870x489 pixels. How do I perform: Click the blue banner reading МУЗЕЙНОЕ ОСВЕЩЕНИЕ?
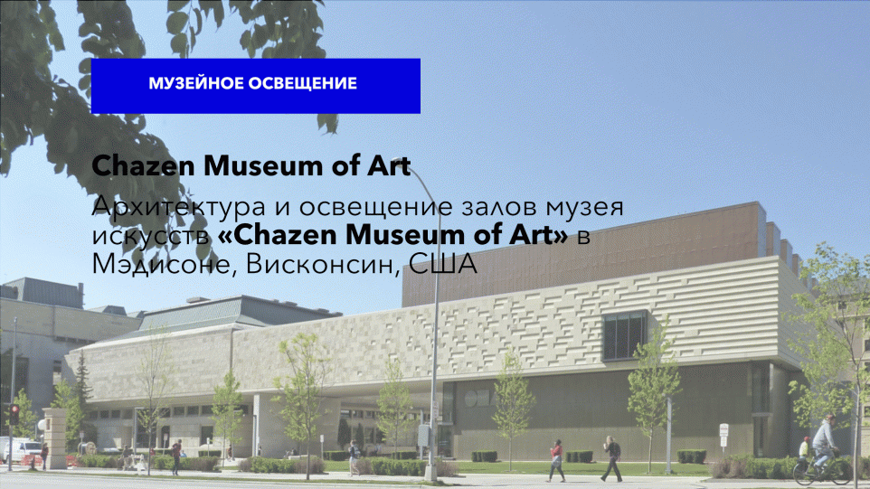[x=256, y=86]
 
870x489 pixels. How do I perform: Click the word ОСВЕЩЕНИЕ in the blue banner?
[x=302, y=83]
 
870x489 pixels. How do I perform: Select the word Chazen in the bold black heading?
[x=144, y=165]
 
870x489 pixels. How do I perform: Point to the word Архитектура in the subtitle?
[x=179, y=208]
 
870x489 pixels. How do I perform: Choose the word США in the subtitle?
[x=443, y=264]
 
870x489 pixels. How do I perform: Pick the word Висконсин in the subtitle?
[x=323, y=264]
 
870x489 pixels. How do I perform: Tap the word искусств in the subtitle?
[x=151, y=236]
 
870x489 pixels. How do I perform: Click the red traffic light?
[x=14, y=414]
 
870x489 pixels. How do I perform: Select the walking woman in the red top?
[x=556, y=460]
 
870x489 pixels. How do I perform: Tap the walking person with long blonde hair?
[x=612, y=458]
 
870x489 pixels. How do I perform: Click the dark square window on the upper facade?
[x=625, y=335]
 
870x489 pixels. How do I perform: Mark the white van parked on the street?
[x=21, y=450]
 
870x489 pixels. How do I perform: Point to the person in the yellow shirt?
[x=805, y=447]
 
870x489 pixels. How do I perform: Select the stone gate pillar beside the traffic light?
[x=55, y=438]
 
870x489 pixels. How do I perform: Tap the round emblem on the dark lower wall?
[x=471, y=398]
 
